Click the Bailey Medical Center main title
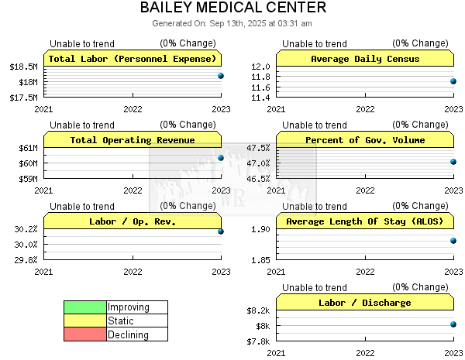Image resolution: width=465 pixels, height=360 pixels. (x=233, y=8)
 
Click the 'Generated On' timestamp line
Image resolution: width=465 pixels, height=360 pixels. (x=232, y=23)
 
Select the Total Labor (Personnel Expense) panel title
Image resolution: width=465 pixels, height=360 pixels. (x=133, y=59)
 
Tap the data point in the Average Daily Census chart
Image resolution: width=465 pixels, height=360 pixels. (x=453, y=81)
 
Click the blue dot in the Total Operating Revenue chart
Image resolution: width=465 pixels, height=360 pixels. (x=221, y=158)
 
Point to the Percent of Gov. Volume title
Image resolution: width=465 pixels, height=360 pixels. (x=365, y=140)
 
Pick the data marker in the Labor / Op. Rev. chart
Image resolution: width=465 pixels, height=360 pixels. (x=221, y=231)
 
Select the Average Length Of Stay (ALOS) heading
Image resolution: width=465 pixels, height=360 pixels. (x=365, y=221)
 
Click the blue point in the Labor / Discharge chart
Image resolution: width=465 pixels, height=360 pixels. (x=453, y=324)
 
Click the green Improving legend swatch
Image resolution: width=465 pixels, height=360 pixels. (x=85, y=307)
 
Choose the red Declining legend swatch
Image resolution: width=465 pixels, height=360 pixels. (x=85, y=334)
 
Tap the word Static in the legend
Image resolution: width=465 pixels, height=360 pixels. (x=120, y=321)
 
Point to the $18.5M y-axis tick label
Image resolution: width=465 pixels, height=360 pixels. (x=24, y=67)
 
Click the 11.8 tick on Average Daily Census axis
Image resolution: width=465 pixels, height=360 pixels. (x=260, y=77)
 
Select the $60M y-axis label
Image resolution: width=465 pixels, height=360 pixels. (x=28, y=163)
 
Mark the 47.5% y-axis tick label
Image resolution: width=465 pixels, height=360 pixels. (x=259, y=148)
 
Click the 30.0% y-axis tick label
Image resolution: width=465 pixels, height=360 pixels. (x=26, y=245)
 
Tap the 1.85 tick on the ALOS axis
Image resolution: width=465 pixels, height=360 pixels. (x=260, y=260)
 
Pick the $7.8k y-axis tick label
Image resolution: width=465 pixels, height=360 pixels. (x=258, y=341)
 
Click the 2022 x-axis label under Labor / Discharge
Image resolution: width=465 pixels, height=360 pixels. (x=365, y=353)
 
